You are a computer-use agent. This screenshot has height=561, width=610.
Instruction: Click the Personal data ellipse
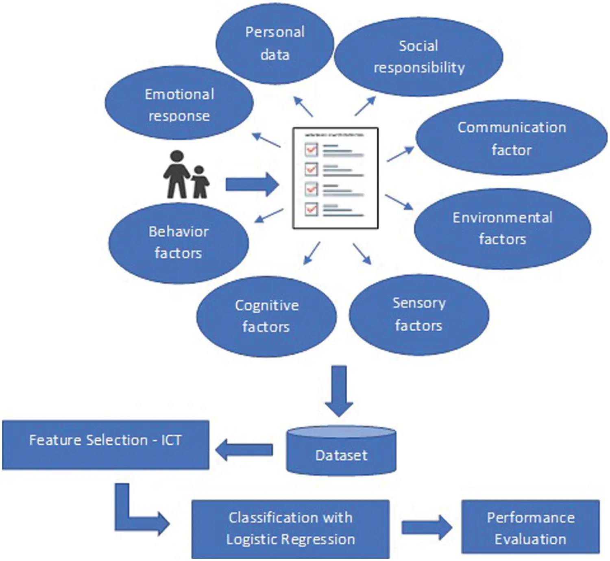tap(274, 43)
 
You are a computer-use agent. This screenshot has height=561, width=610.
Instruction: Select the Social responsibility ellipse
tap(418, 57)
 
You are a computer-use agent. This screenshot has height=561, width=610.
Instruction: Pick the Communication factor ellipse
tap(511, 138)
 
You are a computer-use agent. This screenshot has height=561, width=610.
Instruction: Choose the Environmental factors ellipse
tap(502, 228)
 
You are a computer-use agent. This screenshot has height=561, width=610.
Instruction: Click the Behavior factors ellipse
tap(179, 243)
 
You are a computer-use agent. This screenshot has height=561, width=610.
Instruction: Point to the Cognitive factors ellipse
tap(266, 316)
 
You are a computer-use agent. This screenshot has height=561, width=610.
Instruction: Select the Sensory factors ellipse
tap(419, 314)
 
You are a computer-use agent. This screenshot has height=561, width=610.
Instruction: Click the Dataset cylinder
tap(341, 451)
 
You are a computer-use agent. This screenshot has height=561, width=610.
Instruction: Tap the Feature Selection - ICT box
tap(105, 445)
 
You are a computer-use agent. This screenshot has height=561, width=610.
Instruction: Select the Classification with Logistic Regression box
tap(290, 528)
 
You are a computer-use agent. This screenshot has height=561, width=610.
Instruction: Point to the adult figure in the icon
tap(177, 175)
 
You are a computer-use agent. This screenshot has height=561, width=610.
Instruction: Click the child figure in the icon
tap(199, 182)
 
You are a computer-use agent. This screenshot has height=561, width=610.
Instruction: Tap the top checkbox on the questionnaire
tap(311, 150)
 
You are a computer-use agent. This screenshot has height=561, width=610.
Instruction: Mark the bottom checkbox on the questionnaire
tap(311, 209)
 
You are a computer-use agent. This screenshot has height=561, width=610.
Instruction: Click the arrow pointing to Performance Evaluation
tap(426, 527)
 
